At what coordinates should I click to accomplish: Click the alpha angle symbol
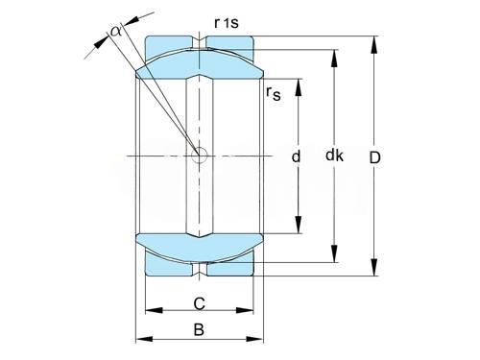115,31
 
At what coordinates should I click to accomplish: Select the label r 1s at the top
227,23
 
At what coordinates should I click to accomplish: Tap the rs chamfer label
273,94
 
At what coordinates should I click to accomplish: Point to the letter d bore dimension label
296,156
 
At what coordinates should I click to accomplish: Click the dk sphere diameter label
334,156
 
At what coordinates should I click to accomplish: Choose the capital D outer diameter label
374,157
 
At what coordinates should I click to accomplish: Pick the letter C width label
199,303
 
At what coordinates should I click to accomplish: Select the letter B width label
199,329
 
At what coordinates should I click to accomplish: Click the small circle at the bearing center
199,156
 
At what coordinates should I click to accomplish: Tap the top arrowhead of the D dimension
373,44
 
